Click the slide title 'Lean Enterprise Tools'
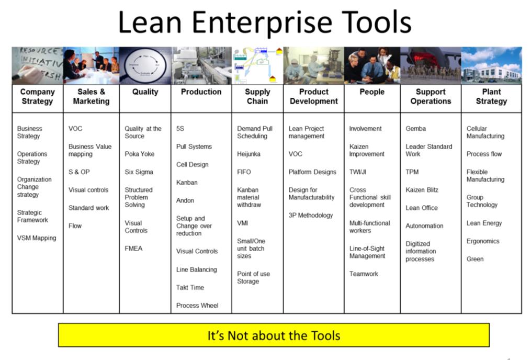click(x=265, y=22)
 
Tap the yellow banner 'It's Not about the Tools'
click(x=274, y=335)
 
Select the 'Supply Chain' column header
click(x=257, y=96)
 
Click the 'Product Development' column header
click(x=313, y=96)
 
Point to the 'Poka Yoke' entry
click(x=139, y=154)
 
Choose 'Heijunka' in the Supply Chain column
click(x=248, y=154)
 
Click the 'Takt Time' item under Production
click(x=190, y=287)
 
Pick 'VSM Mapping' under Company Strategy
click(x=37, y=238)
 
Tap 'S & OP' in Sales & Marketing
click(x=79, y=172)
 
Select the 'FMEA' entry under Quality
click(x=133, y=249)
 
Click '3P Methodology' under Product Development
click(x=311, y=216)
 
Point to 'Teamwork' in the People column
click(x=364, y=274)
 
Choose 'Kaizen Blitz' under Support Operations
click(x=422, y=190)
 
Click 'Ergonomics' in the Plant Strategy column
click(x=482, y=241)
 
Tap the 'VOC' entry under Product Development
click(x=295, y=154)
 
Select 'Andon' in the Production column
click(x=185, y=200)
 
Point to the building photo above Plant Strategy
click(x=491, y=65)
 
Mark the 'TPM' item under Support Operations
click(x=412, y=172)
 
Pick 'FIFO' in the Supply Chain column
click(x=244, y=172)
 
